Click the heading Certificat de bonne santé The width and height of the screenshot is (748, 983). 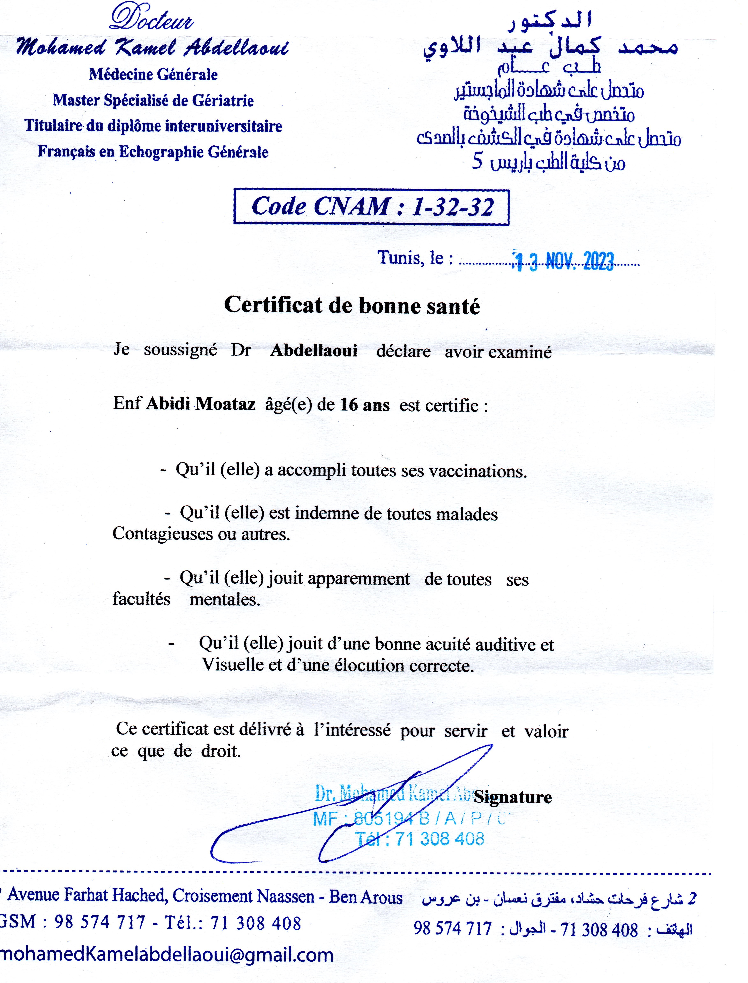point(352,306)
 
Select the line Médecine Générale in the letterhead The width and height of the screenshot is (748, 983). point(153,74)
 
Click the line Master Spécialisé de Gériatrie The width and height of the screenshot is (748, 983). point(153,100)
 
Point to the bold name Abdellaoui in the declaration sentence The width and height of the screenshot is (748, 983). point(313,351)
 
